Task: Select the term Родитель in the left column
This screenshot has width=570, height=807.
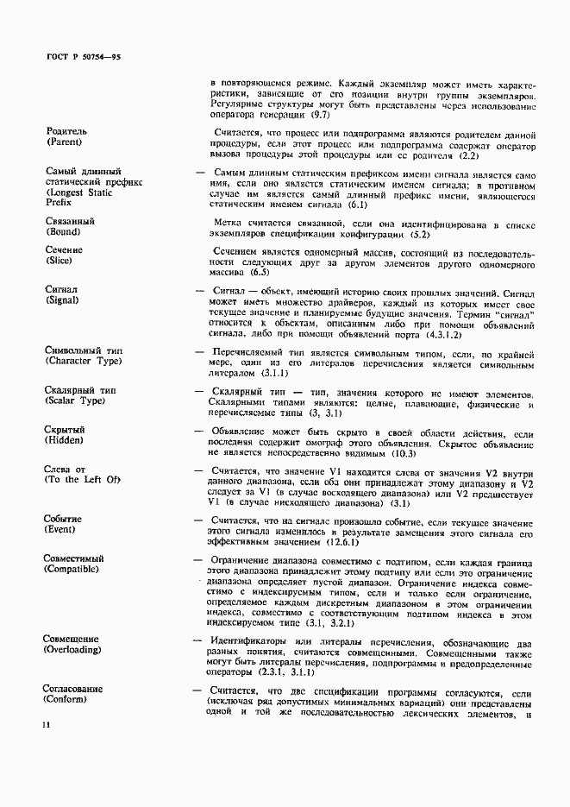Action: [66, 131]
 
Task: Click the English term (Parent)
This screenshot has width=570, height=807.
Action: [66, 142]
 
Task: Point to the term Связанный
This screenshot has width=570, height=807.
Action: [70, 221]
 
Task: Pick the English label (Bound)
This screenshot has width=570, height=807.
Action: [65, 231]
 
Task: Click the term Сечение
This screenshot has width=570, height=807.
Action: [66, 250]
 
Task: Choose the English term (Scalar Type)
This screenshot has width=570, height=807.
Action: [78, 400]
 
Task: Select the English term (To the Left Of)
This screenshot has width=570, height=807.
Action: [83, 479]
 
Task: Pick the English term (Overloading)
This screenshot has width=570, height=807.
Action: [73, 649]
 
